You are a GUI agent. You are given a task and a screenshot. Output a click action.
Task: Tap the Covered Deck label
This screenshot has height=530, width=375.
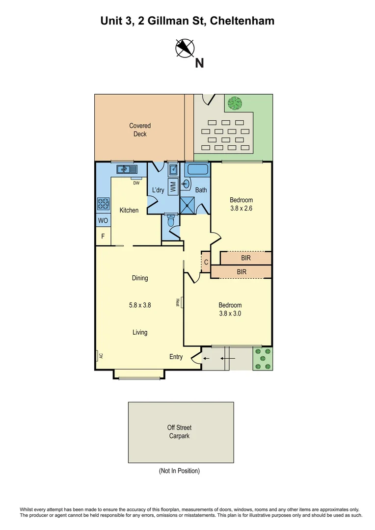click(140, 130)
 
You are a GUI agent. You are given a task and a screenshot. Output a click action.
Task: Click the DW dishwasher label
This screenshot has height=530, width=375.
click(136, 183)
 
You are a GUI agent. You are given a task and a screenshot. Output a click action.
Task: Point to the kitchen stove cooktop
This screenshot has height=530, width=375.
click(103, 203)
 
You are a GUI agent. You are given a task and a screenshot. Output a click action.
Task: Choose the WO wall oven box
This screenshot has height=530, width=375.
click(103, 221)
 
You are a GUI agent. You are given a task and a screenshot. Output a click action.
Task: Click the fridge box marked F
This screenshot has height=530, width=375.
click(103, 237)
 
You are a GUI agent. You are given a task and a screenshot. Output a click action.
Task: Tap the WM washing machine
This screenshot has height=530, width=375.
click(173, 187)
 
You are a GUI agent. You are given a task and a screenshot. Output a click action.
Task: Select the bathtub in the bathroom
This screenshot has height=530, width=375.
click(197, 170)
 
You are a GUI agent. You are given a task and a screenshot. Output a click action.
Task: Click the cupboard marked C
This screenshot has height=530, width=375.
click(206, 263)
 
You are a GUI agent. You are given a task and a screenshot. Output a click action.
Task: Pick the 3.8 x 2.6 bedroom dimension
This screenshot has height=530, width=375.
click(241, 208)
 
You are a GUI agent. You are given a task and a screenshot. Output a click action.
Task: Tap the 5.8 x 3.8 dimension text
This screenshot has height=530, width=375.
click(140, 305)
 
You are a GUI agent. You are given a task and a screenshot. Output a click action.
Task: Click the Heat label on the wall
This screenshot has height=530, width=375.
click(178, 303)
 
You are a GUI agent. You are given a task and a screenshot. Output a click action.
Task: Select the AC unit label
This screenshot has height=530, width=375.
click(100, 356)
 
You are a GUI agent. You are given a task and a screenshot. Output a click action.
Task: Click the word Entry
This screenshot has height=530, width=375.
click(176, 357)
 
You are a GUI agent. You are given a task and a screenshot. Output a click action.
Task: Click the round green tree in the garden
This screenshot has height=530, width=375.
click(235, 104)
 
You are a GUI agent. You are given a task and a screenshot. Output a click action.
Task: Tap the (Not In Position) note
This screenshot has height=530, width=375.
click(179, 471)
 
